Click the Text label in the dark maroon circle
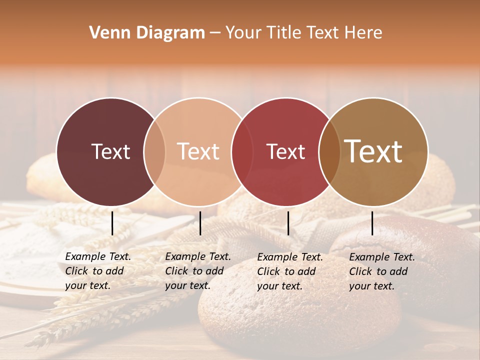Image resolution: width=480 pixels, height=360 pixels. coord(110,151)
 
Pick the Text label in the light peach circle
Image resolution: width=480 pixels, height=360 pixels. coord(198,151)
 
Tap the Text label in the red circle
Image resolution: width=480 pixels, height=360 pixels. coord(285,151)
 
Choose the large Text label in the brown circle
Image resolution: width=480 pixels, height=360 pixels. coord(373,151)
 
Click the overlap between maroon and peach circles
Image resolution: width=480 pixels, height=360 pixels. coord(154,152)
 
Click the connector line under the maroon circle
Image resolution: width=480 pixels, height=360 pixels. coord(112,223)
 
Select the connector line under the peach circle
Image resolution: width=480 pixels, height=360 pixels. coord(200,223)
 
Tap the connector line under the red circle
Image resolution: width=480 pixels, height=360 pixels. coord(288,223)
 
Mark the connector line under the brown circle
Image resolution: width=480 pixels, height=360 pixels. coord(372,223)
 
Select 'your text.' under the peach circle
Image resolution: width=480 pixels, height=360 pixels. coord(187,286)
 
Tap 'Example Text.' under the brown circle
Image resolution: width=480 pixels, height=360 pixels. coord(381,257)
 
